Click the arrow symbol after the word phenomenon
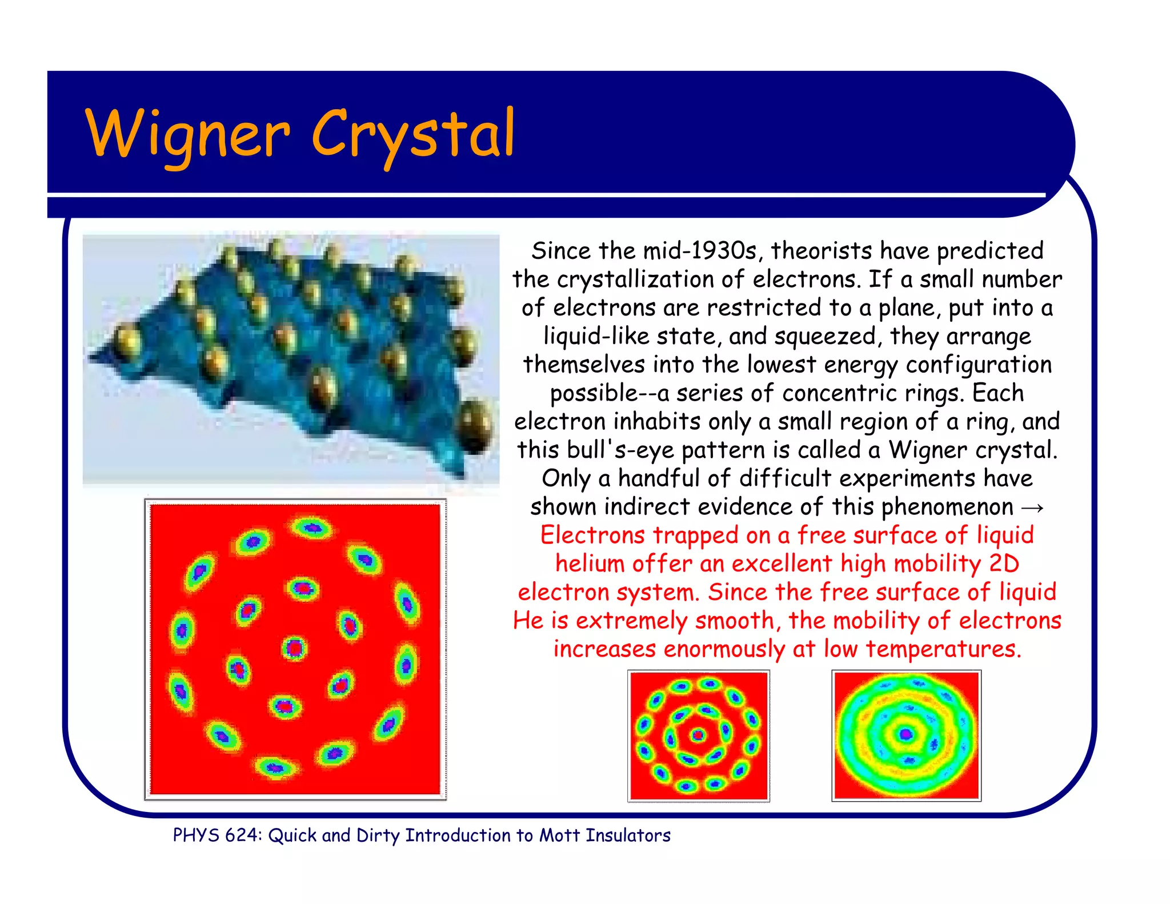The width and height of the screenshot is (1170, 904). pyautogui.click(x=1032, y=507)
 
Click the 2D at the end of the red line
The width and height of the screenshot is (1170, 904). pyautogui.click(x=1004, y=564)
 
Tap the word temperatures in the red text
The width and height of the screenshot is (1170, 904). pyautogui.click(x=943, y=649)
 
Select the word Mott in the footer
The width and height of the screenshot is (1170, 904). pyautogui.click(x=559, y=835)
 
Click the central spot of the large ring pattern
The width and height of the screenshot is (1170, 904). pyautogui.click(x=294, y=648)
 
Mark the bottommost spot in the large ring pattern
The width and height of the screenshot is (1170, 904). pyautogui.click(x=275, y=767)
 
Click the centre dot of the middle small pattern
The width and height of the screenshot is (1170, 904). pyautogui.click(x=698, y=735)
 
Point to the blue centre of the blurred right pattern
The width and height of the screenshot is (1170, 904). pyautogui.click(x=905, y=734)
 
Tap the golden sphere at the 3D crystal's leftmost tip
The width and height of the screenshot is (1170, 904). pyautogui.click(x=127, y=341)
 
